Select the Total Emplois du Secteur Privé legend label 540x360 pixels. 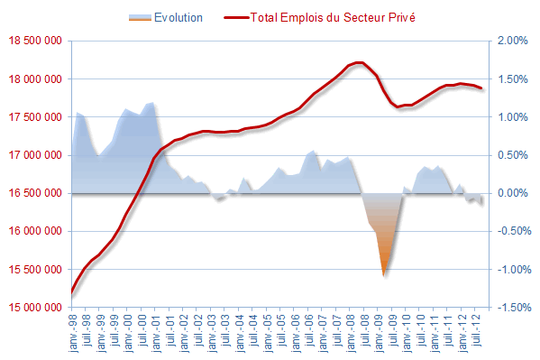coord(333,17)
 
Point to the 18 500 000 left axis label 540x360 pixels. coord(35,41)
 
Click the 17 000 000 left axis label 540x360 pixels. coord(35,155)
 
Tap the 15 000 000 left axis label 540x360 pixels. coord(35,308)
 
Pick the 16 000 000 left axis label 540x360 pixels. coord(35,231)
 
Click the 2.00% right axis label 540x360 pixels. coord(512,41)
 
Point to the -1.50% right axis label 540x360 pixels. coord(514,308)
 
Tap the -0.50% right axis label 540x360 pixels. coord(514,231)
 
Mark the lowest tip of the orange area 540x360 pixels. coord(384,276)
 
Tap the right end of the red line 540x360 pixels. coord(481,88)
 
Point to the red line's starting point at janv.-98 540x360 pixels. coord(71,292)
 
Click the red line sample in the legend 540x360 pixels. coord(236,17)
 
